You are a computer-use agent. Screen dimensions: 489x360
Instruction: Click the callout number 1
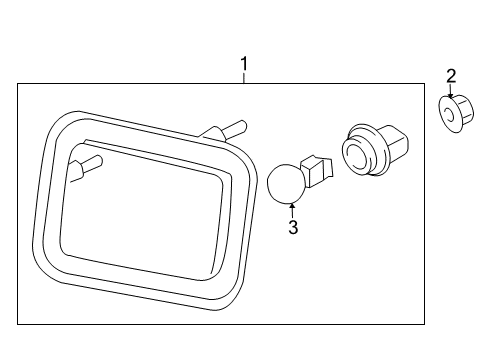243,66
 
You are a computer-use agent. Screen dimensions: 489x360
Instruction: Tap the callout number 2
451,75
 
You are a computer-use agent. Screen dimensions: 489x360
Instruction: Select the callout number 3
293,228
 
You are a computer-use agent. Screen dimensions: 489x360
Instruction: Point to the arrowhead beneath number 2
451,93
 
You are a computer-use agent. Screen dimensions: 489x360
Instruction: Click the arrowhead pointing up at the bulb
292,205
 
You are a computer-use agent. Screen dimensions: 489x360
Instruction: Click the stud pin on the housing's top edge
236,126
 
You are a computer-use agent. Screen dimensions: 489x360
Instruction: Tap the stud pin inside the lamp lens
90,163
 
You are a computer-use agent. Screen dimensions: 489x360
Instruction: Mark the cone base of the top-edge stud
212,134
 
